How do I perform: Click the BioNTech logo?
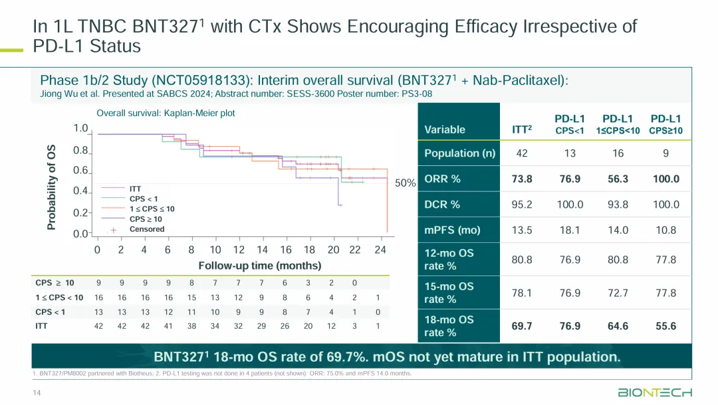pyautogui.click(x=655, y=392)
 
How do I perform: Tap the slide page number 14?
pyautogui.click(x=37, y=394)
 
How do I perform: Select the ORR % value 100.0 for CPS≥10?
pyautogui.click(x=666, y=179)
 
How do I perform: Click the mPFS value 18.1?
pyautogui.click(x=570, y=230)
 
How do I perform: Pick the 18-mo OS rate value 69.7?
pyautogui.click(x=521, y=326)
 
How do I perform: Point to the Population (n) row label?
pyautogui.click(x=460, y=153)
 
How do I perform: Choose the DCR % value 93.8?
pyautogui.click(x=618, y=204)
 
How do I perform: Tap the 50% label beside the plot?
pyautogui.click(x=405, y=183)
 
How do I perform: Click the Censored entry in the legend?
pyautogui.click(x=146, y=229)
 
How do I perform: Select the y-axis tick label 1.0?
pyautogui.click(x=80, y=128)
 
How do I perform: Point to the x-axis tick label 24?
pyautogui.click(x=380, y=250)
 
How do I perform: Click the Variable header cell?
pyautogui.click(x=445, y=130)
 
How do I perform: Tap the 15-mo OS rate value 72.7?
pyautogui.click(x=618, y=293)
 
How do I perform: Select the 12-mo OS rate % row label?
pyautogui.click(x=449, y=260)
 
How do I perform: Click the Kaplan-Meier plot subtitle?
pyautogui.click(x=166, y=114)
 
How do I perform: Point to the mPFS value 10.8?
pyautogui.click(x=666, y=230)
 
